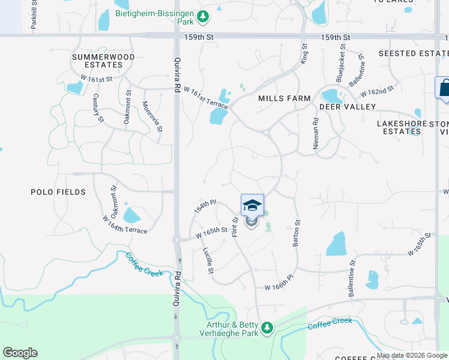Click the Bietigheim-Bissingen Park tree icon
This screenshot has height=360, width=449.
(x=203, y=16)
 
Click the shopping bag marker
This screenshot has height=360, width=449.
(x=444, y=88)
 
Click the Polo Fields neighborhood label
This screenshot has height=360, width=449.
(x=58, y=192)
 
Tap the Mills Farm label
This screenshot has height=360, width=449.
(x=285, y=98)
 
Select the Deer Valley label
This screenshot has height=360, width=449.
(x=348, y=107)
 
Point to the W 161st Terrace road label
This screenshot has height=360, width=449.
(x=205, y=96)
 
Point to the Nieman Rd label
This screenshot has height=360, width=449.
(x=316, y=129)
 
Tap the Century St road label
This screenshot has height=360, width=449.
(x=97, y=107)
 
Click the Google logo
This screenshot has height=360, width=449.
(x=20, y=353)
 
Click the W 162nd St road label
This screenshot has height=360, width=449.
(x=377, y=92)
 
